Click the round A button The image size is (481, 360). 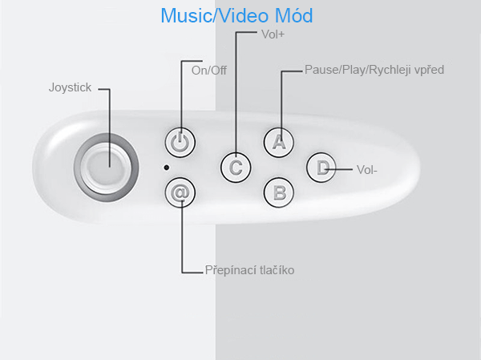(278, 143)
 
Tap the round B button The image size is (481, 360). (278, 192)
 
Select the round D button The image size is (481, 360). (321, 168)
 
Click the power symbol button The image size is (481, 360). (180, 143)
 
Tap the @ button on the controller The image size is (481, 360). (180, 192)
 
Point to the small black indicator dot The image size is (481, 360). (166, 168)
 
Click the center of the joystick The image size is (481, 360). (106, 168)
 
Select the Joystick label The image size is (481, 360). (70, 87)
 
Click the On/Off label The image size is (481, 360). (209, 71)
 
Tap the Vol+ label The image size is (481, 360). (273, 34)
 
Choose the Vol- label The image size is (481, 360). (367, 170)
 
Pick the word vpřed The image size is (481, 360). (429, 71)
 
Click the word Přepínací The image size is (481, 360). (231, 270)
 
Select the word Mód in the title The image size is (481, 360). (294, 15)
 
